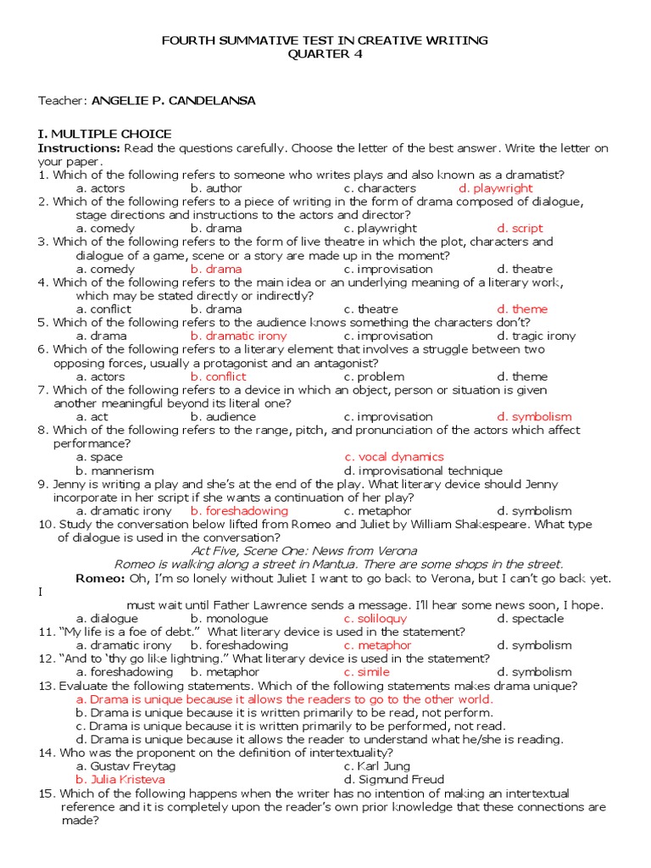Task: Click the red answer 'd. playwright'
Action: [x=495, y=188]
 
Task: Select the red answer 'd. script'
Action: [x=520, y=228]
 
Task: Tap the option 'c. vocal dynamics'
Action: [x=393, y=457]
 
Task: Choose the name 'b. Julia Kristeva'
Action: [x=120, y=779]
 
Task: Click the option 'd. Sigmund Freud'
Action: [x=393, y=779]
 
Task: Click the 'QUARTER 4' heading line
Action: [x=325, y=54]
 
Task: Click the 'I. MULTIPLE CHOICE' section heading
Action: [x=104, y=134]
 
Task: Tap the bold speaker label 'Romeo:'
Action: [x=100, y=578]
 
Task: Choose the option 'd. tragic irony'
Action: [x=536, y=336]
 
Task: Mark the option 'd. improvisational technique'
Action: [x=423, y=470]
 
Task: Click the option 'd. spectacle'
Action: [x=530, y=618]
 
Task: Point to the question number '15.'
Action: [x=47, y=793]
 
